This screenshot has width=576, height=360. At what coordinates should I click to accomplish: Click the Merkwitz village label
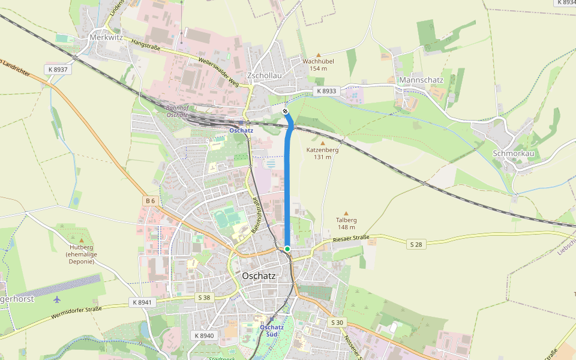[x=106, y=37]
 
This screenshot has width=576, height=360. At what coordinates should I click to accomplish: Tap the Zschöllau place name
[x=265, y=76]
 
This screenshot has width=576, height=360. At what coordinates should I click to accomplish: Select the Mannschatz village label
[x=421, y=80]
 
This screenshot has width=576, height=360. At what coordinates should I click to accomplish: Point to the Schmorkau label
[x=513, y=153]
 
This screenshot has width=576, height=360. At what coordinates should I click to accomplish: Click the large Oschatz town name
[x=259, y=276]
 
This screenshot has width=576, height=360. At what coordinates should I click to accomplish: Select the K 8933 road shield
[x=326, y=91]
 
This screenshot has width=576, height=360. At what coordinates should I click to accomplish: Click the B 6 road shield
[x=151, y=200]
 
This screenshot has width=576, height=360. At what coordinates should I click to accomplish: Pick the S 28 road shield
[x=416, y=244]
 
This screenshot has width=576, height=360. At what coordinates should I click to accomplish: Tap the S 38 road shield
[x=205, y=298]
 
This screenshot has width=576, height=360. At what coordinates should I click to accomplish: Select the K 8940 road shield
[x=204, y=335]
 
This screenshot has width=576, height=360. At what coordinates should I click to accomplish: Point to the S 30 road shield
[x=337, y=322]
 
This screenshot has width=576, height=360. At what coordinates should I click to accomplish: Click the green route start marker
[x=287, y=248]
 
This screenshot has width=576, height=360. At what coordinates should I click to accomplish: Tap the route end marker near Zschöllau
[x=286, y=112]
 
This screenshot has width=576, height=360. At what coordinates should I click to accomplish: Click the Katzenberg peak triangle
[x=322, y=143]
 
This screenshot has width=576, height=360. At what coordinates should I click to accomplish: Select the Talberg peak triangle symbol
[x=346, y=212]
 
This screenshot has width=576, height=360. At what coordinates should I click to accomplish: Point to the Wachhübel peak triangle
[x=319, y=55]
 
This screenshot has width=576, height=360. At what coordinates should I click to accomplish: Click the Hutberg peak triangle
[x=82, y=239]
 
